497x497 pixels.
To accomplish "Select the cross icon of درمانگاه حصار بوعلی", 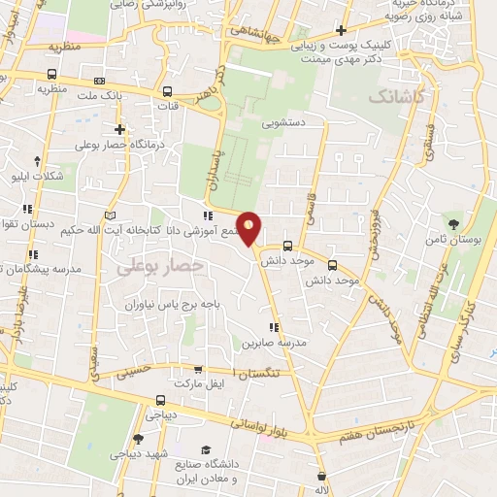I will coord(119,128).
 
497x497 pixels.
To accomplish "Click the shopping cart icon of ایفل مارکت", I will coord(198,369).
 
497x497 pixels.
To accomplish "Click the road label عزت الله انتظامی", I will coord(434,290).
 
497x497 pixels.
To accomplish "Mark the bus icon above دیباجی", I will coord(160,399).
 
